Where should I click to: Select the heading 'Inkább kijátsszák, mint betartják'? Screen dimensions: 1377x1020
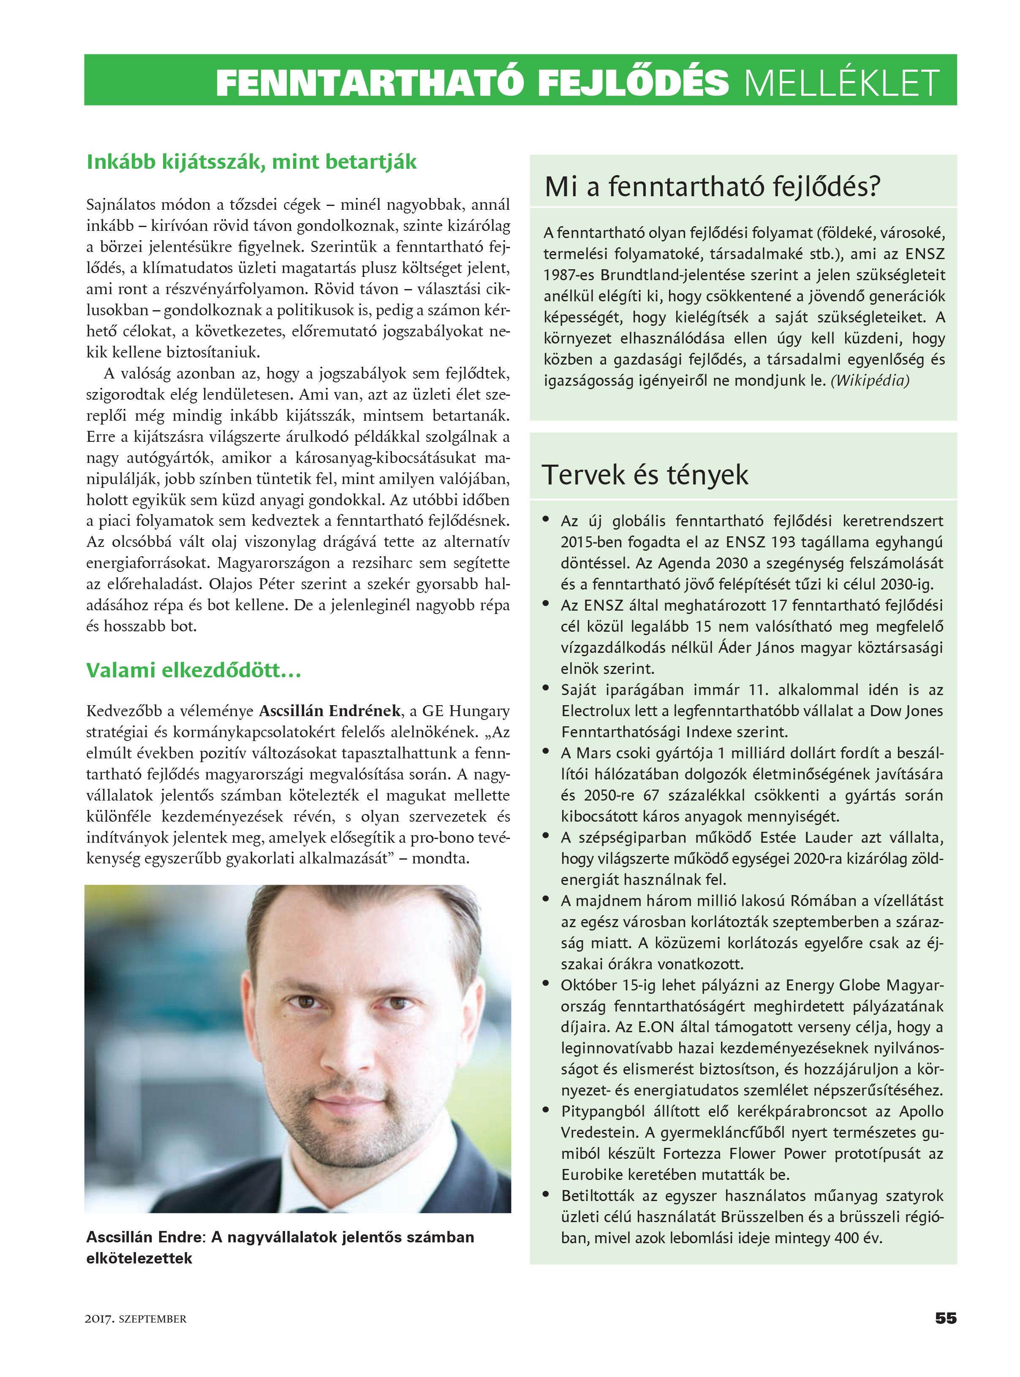[251, 162]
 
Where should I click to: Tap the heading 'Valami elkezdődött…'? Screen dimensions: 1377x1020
[193, 670]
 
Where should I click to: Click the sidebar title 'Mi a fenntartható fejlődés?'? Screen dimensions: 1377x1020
[712, 186]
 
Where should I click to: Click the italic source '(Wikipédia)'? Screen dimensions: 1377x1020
[869, 381]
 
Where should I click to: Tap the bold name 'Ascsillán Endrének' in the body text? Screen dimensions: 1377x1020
[330, 711]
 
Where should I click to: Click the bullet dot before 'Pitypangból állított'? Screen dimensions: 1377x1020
[546, 1110]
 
